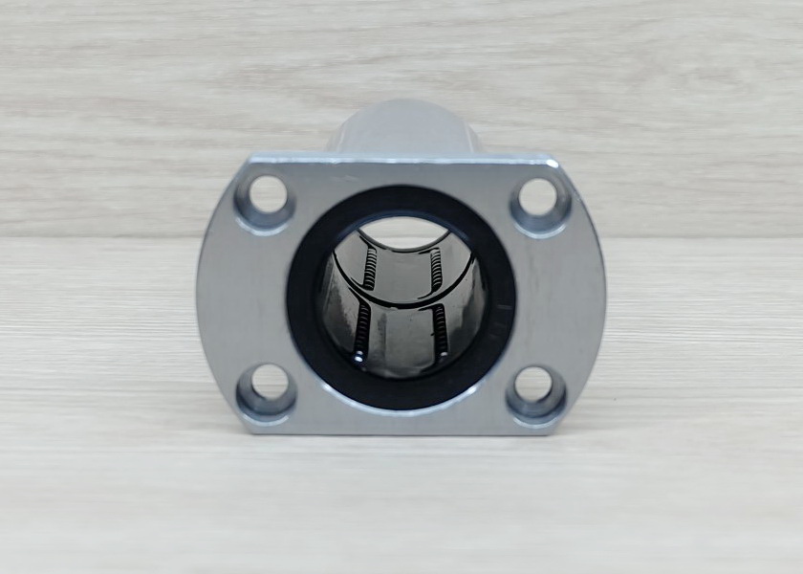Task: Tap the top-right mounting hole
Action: pos(538,198)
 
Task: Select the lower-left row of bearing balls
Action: pos(363,331)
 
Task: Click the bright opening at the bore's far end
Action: pos(402,232)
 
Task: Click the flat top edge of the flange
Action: pos(401,159)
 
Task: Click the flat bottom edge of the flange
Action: pos(401,430)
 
